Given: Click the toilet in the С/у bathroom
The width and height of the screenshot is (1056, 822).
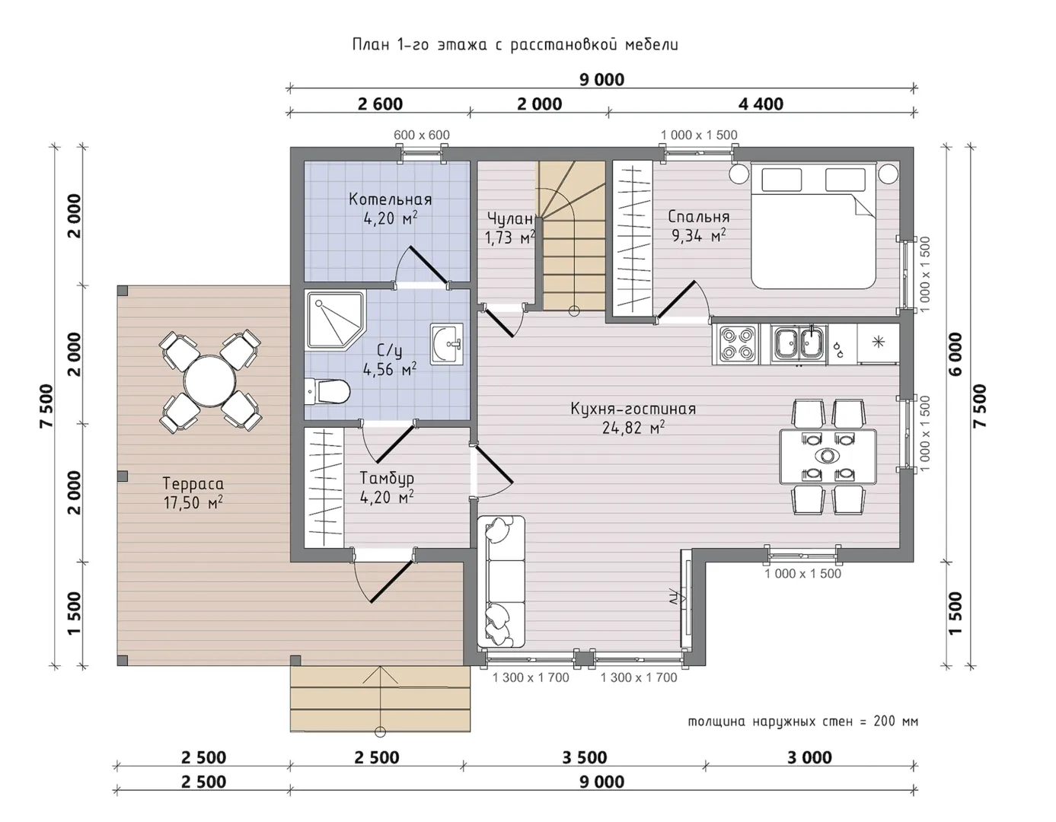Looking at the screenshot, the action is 327,391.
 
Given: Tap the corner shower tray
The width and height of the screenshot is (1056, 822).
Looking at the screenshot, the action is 335,320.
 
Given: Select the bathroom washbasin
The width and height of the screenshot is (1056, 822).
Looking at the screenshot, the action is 446,344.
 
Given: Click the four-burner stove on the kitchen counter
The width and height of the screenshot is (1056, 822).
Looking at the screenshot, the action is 734,343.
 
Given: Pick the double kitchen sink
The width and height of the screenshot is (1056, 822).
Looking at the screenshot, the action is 799,343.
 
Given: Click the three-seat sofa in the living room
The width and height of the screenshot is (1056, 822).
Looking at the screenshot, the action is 502,581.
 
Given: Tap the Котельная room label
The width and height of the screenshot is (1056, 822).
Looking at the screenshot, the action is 391,199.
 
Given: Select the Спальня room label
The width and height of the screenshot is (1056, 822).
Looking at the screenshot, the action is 698,216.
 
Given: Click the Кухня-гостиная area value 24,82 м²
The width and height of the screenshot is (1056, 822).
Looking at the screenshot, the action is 633,428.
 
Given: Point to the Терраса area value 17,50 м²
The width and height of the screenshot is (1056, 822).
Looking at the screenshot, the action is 193,502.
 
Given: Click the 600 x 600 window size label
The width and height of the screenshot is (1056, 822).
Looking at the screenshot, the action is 421,135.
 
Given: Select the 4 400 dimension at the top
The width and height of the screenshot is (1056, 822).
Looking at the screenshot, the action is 761,104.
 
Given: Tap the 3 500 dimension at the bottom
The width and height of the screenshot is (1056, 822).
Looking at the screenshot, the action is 584,757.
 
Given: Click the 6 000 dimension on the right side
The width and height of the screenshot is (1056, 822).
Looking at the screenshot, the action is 955,354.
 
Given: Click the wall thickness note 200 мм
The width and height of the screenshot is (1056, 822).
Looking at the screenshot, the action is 895,722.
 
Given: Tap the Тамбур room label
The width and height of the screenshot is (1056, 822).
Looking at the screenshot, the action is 387,478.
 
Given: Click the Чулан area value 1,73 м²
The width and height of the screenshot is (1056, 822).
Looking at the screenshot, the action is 510,238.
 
